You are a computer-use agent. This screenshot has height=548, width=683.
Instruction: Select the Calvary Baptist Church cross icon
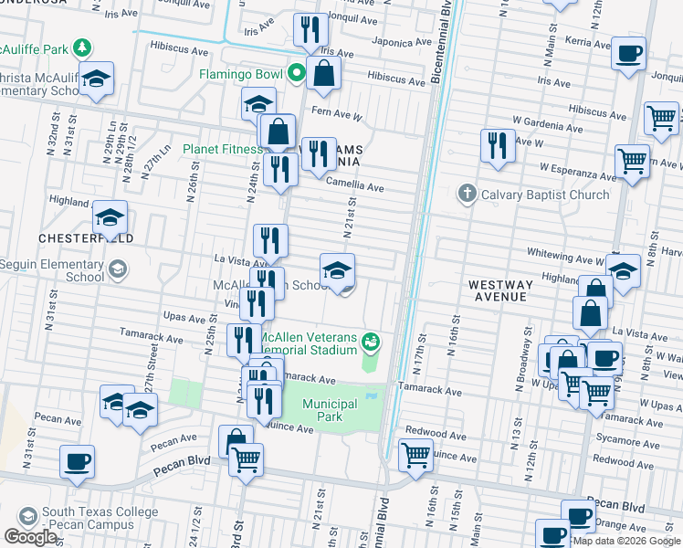pyautogui.click(x=467, y=194)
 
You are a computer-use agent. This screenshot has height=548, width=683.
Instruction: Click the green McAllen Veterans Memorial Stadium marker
pyautogui.click(x=371, y=342)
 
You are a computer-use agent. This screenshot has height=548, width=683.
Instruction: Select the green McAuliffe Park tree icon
pyautogui.click(x=82, y=47)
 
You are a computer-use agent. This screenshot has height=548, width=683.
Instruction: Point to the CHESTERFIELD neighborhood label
pyautogui.click(x=86, y=237)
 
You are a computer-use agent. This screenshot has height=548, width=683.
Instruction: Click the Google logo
pyautogui.click(x=30, y=537)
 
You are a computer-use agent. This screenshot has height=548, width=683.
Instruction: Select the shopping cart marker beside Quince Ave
pyautogui.click(x=416, y=453)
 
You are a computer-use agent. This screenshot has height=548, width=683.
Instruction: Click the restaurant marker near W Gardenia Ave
pyautogui.click(x=498, y=146)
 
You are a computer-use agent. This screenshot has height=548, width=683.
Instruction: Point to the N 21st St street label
pyautogui.click(x=348, y=217)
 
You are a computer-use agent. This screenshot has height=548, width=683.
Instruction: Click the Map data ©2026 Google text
pyautogui.click(x=626, y=541)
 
